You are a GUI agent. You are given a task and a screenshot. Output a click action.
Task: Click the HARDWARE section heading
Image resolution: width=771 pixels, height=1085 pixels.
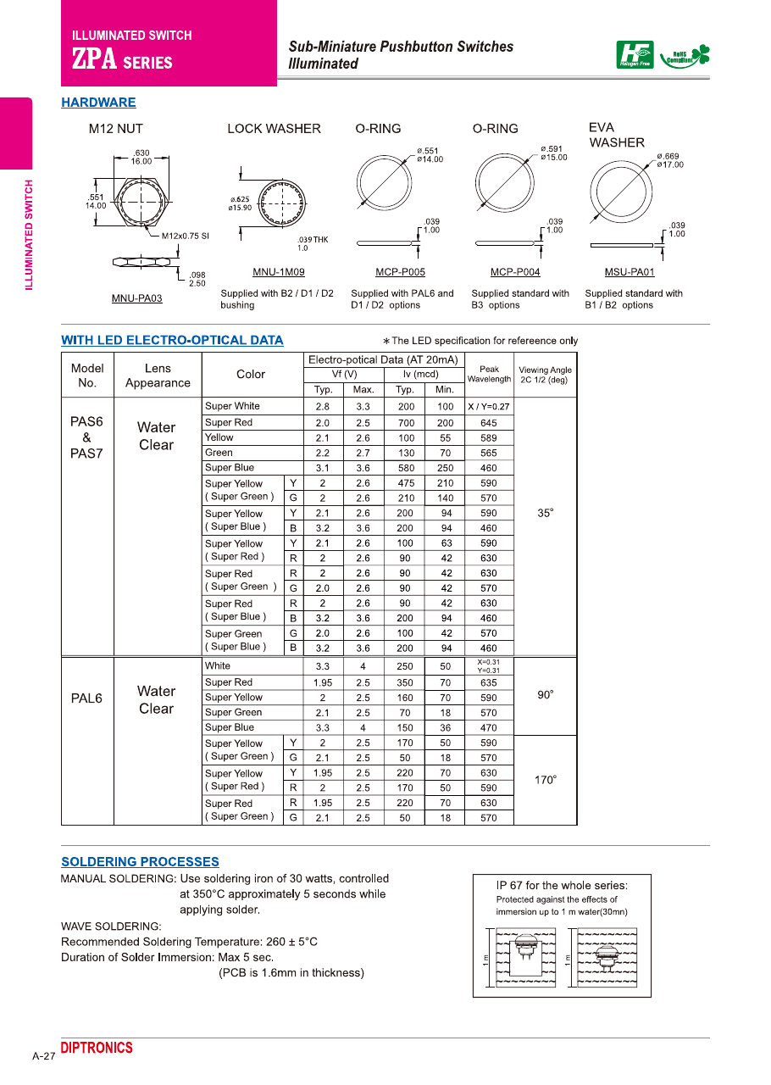98,103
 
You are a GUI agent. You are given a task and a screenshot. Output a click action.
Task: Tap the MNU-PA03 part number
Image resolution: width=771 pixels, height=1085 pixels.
137,298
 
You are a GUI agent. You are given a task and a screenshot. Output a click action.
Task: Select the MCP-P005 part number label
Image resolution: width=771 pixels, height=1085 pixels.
400,272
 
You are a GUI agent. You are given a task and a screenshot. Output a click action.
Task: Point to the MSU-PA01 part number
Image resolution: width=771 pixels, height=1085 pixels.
629,272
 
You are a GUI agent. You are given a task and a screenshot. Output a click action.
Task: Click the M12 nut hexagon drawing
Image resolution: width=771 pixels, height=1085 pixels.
141,203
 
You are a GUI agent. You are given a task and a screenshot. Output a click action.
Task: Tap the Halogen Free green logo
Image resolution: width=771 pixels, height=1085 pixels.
635,55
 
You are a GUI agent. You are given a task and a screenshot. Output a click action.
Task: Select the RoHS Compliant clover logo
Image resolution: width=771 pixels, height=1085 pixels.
685,56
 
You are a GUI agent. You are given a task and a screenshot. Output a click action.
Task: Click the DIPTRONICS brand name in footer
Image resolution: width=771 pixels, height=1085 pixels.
97,1048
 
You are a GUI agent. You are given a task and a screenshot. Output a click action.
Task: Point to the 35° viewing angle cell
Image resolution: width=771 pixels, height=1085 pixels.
545,513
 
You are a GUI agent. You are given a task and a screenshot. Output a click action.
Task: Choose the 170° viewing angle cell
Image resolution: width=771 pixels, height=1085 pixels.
545,780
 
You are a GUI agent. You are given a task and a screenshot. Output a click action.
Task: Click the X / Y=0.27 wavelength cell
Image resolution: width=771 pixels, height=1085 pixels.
489,407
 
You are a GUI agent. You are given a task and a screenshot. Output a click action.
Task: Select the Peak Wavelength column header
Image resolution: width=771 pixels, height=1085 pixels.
489,374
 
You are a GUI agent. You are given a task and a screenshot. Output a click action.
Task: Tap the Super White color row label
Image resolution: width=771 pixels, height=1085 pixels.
233,406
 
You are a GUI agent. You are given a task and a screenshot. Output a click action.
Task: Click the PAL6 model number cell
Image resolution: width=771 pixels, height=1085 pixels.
86,698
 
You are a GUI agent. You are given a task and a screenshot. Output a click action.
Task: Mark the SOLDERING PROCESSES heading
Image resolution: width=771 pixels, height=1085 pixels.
140,862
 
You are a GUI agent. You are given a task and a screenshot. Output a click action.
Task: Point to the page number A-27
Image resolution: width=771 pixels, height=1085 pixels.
43,1056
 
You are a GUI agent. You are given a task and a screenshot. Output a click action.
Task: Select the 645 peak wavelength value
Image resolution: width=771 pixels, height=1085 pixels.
489,422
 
